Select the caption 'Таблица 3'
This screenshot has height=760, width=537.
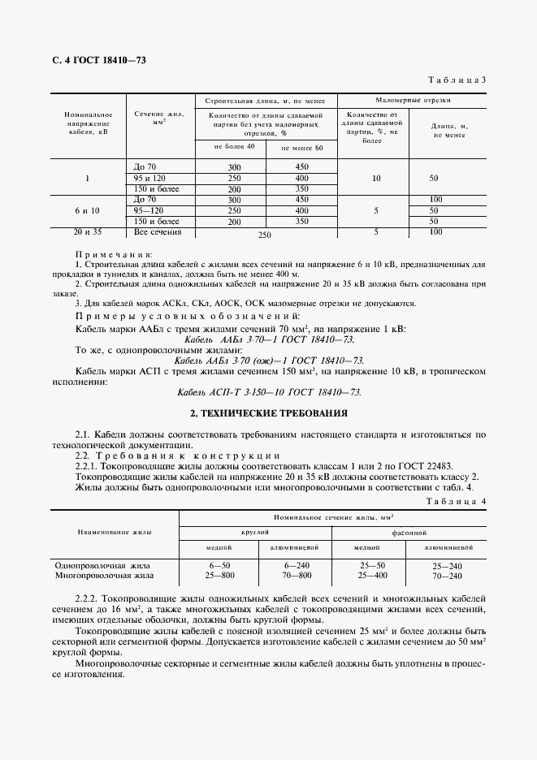tap(456, 80)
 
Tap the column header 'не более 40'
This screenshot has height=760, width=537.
tap(234, 146)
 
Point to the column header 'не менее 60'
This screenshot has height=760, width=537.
tap(301, 149)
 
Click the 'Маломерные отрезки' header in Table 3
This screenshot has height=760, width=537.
tap(414, 100)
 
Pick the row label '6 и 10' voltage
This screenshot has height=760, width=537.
tap(87, 210)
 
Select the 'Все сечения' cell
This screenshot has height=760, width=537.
tap(158, 232)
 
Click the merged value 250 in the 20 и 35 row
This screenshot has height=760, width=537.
tap(263, 235)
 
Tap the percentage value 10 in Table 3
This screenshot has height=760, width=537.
tap(375, 177)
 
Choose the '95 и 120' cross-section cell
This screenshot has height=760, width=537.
tap(149, 177)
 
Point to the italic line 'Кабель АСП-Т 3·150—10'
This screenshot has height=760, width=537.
tap(269, 391)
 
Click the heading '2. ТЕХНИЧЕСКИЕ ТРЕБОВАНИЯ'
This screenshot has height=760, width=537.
tap(268, 413)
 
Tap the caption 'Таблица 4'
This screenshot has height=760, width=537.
tap(456, 502)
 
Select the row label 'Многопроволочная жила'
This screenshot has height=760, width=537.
tap(103, 575)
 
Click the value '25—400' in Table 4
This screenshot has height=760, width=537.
tap(373, 575)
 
